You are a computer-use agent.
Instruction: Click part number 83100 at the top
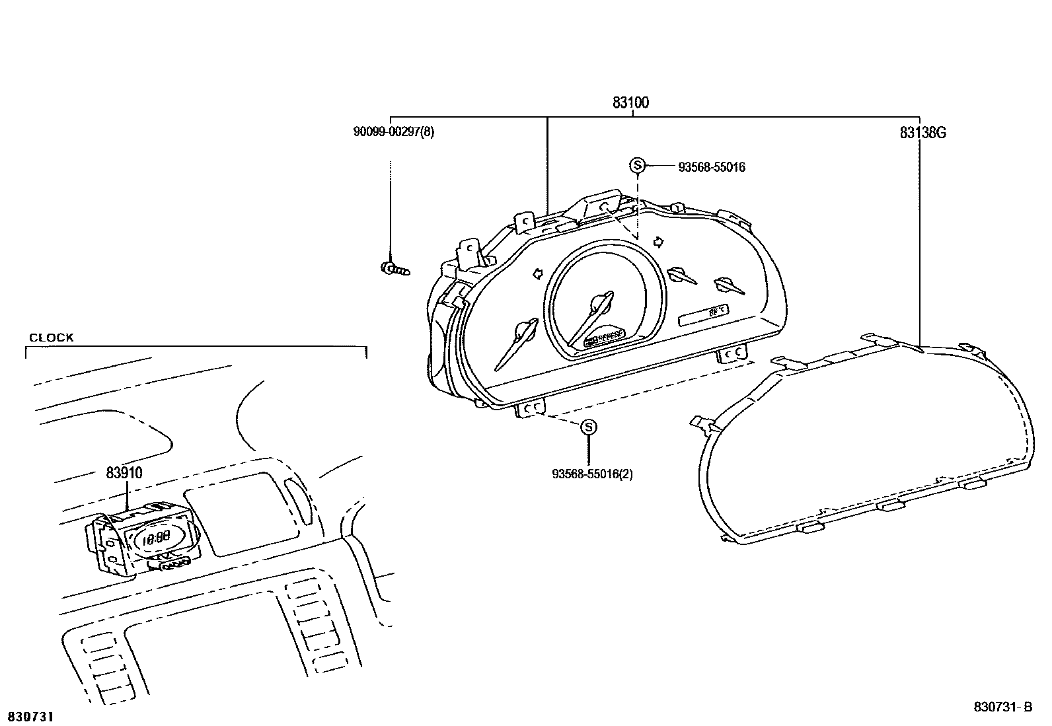point(630,103)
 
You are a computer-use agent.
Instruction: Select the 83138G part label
point(922,133)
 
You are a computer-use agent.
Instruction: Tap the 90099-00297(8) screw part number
point(394,131)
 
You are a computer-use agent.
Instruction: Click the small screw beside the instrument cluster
point(394,268)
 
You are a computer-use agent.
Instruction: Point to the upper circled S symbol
point(637,165)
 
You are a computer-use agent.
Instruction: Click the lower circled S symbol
point(588,427)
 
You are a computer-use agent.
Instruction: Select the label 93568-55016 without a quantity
point(712,168)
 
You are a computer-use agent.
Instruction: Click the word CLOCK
point(51,338)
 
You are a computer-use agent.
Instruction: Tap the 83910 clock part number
point(124,473)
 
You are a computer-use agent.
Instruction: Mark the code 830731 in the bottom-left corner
point(30,716)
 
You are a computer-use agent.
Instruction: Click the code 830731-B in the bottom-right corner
point(1002,707)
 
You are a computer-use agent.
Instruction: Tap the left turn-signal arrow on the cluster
point(538,273)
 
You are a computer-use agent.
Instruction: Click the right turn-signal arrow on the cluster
point(658,240)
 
